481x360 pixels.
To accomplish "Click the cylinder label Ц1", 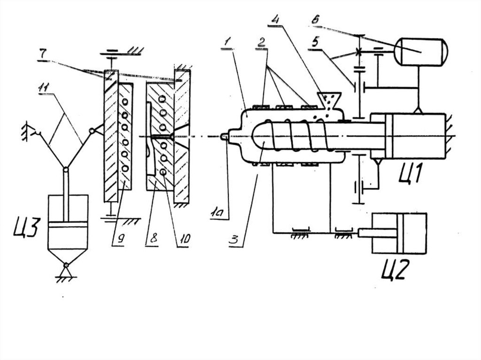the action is pyautogui.click(x=411, y=173).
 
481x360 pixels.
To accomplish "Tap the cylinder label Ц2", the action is pyautogui.click(x=396, y=269).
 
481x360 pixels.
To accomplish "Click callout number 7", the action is pyautogui.click(x=43, y=54).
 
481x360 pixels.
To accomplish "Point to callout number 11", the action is pyautogui.click(x=46, y=89).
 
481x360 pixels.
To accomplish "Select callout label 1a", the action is pyautogui.click(x=219, y=212).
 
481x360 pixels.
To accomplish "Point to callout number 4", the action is pyautogui.click(x=275, y=19).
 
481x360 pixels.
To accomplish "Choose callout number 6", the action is pyautogui.click(x=315, y=20).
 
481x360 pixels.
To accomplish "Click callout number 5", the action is pyautogui.click(x=315, y=41).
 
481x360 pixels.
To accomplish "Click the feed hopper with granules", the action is pyautogui.click(x=329, y=100).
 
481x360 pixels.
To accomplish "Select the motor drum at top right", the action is pyautogui.click(x=421, y=52).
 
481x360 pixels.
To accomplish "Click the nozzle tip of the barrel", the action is pyautogui.click(x=225, y=136).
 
